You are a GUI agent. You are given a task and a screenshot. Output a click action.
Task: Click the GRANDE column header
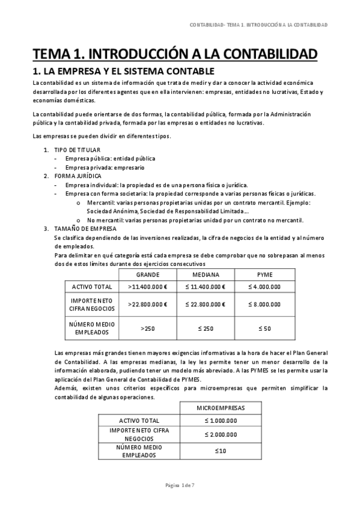(147, 274)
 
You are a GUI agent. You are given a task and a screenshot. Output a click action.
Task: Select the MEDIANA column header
(206, 274)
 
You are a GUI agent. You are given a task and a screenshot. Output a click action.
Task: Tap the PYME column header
(264, 274)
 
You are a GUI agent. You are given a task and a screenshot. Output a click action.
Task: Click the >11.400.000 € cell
(147, 287)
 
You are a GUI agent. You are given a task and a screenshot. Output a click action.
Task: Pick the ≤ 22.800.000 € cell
(206, 304)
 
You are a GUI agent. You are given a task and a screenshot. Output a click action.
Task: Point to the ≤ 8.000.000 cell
(264, 304)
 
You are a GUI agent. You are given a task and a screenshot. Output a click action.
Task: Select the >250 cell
(147, 328)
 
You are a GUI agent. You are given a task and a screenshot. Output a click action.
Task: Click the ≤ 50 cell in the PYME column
(264, 328)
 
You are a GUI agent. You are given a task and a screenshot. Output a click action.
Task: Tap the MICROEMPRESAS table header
(221, 408)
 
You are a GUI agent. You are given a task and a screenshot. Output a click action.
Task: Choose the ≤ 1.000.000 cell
(221, 420)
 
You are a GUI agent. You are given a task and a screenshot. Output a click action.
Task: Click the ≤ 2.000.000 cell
(221, 434)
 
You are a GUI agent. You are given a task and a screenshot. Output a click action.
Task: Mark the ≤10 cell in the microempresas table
(221, 451)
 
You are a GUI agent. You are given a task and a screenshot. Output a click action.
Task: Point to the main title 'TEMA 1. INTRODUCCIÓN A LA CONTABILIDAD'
(174, 55)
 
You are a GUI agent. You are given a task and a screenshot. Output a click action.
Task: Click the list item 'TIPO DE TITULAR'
(78, 150)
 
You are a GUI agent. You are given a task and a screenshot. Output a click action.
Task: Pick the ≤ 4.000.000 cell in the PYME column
(264, 287)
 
